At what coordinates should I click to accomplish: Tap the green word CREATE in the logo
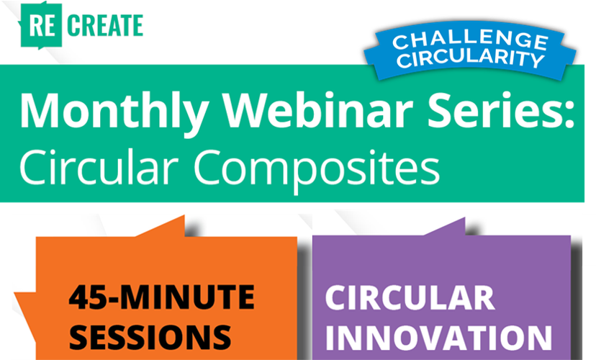[105, 25]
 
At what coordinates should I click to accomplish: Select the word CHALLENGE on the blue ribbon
[470, 40]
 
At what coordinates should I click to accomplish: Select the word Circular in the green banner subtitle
[99, 166]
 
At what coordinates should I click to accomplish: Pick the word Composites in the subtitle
[317, 171]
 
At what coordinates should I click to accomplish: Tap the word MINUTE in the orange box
[188, 297]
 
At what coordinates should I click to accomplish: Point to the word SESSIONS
[150, 337]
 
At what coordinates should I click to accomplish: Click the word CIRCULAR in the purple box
[410, 298]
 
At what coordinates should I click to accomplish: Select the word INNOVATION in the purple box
[438, 338]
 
